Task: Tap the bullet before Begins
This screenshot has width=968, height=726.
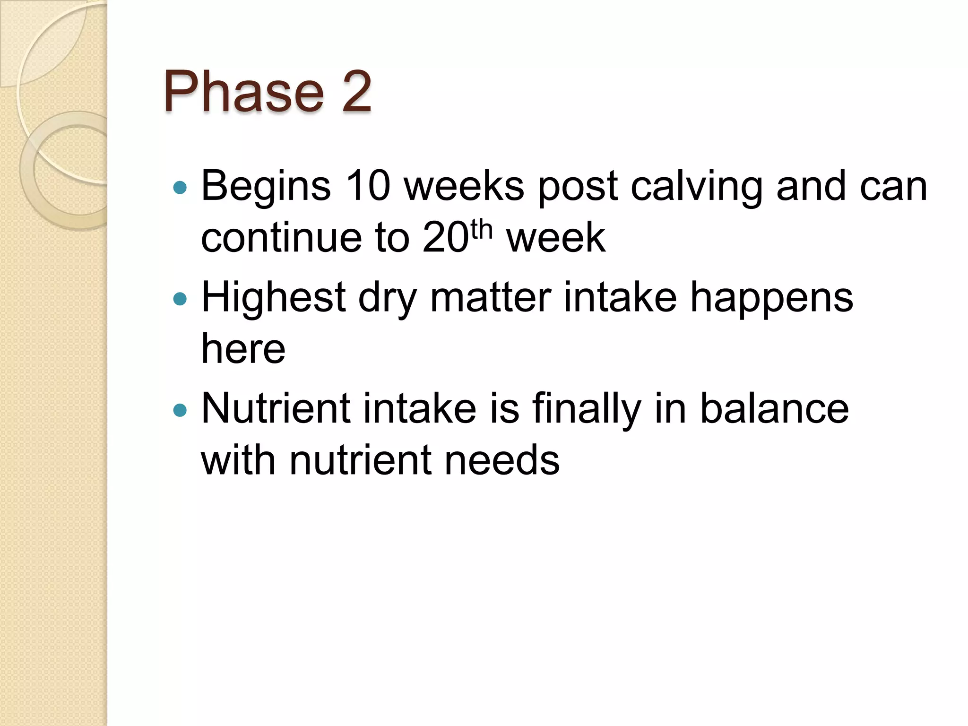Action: pos(180,188)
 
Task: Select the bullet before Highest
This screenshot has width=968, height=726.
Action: pos(180,299)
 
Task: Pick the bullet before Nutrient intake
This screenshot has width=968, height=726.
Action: pos(180,410)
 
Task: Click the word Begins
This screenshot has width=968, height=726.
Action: pos(266,187)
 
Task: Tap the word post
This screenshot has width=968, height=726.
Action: pos(578,187)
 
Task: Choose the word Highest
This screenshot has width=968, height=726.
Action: pos(274,298)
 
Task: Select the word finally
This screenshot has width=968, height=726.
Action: pos(587,409)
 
